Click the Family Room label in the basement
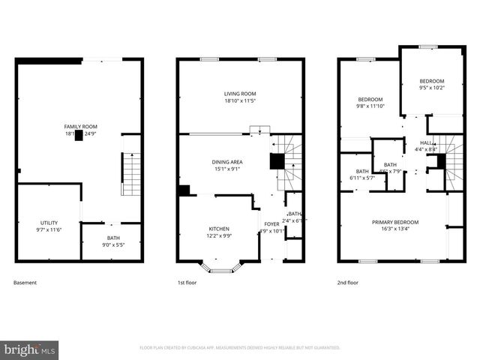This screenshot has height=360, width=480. point(80,127)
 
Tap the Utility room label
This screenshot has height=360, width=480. point(48,223)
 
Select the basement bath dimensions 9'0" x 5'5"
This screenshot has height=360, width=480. point(112,244)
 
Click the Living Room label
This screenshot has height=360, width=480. point(240,94)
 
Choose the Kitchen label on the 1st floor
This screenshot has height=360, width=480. point(219,229)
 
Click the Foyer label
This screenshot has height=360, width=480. point(271,223)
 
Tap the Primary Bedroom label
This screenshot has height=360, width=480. point(395,222)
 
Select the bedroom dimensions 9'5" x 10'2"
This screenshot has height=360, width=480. point(431,88)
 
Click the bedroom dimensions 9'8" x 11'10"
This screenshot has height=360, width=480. point(370,106)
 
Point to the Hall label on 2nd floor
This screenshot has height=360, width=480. point(426,142)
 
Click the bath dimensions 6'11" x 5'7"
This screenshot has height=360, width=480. point(362,178)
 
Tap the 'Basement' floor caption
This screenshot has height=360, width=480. point(25,283)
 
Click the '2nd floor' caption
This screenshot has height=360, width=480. point(348,283)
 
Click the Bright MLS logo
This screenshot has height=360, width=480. point(30,349)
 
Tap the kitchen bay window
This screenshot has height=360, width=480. point(220,267)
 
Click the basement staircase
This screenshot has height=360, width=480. point(131,173)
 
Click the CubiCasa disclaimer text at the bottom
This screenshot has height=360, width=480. point(240,348)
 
